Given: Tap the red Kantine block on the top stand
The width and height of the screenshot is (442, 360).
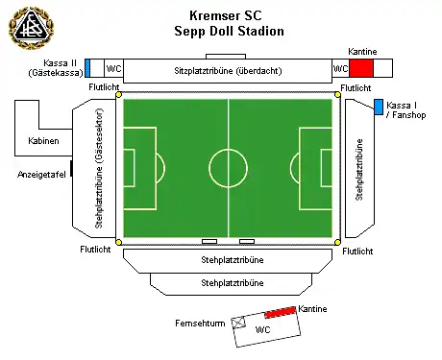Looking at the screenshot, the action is (361, 68).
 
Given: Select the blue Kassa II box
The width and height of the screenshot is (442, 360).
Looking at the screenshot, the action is (87, 67).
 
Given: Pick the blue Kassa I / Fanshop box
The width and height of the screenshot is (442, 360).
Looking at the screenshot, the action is (379, 105).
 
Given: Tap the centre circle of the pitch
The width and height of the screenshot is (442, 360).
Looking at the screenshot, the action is (228, 166).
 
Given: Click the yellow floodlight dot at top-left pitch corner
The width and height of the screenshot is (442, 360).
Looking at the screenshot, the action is (119, 94).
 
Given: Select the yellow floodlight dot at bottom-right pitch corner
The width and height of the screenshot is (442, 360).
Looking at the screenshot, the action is (337, 242).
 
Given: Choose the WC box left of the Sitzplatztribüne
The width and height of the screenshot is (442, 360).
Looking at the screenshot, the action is (113, 69).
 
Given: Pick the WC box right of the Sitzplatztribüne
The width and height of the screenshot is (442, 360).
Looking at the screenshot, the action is (339, 69).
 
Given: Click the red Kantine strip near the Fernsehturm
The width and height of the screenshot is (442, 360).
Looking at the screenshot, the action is (280, 313).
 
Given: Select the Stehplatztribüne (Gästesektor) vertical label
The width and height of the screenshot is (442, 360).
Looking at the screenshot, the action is (100, 167).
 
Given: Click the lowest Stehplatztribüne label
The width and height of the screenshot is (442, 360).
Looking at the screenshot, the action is (232, 284).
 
